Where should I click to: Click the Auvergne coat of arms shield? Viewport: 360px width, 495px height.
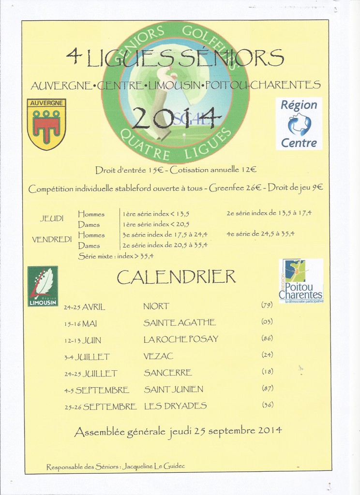[x=46, y=124]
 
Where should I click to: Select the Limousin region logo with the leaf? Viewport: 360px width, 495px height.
[x=43, y=286]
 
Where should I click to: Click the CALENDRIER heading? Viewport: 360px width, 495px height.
[x=176, y=277]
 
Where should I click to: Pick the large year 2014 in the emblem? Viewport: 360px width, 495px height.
[x=174, y=118]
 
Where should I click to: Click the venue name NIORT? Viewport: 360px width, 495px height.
[x=156, y=306]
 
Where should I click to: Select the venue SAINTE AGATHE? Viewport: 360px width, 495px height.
[x=180, y=322]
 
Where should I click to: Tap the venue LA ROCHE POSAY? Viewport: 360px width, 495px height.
[x=180, y=339]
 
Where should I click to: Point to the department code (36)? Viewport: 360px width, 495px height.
[x=267, y=405]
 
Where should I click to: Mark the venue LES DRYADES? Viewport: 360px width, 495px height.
[x=175, y=406]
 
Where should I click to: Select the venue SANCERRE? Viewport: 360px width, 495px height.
[x=168, y=373]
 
